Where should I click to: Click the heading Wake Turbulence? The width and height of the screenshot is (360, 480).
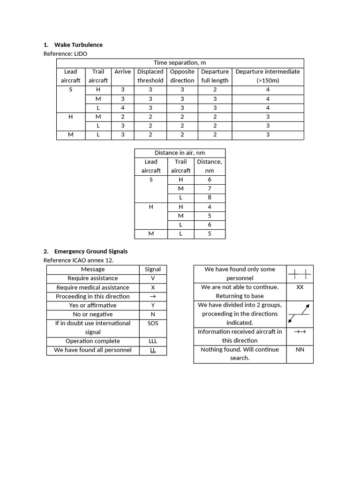(x=78, y=45)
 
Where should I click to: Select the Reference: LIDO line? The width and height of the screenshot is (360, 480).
(x=65, y=54)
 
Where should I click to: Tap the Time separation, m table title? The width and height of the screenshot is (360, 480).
(x=180, y=63)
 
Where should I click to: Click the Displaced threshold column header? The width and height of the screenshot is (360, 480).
(x=150, y=76)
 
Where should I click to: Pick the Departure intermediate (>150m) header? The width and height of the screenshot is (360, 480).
(x=268, y=76)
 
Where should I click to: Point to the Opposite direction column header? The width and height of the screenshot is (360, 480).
(x=182, y=76)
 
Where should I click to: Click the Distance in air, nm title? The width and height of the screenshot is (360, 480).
(x=180, y=153)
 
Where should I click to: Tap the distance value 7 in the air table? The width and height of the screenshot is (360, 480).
(x=210, y=189)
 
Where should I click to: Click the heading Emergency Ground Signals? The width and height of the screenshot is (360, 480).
(x=91, y=252)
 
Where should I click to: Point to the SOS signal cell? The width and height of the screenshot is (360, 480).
(x=153, y=323)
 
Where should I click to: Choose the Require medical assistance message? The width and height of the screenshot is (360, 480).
(x=93, y=287)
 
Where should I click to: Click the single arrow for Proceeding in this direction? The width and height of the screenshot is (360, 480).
(x=153, y=297)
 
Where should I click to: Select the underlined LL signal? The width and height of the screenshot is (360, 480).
(x=153, y=350)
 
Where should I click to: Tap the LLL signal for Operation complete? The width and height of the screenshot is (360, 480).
(x=153, y=341)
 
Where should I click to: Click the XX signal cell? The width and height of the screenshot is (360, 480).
(x=300, y=287)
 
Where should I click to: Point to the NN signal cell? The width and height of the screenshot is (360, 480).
(x=300, y=350)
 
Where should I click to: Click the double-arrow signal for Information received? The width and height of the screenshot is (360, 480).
(x=300, y=332)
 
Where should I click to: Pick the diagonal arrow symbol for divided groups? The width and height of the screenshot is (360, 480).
(x=300, y=314)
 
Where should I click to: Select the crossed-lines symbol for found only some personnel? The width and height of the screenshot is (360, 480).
(x=300, y=274)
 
